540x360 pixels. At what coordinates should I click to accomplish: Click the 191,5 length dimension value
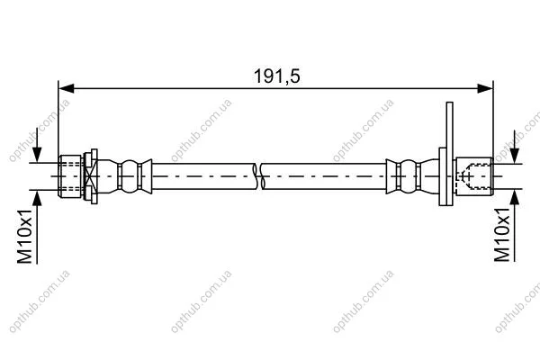(277, 76)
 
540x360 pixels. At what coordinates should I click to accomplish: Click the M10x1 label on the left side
(24, 237)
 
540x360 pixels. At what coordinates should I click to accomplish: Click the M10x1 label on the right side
(502, 235)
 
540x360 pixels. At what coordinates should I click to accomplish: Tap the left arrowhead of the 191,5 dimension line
(66, 88)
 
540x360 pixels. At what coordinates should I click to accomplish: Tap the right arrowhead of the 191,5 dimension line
(485, 88)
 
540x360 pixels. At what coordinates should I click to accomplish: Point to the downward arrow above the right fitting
(515, 147)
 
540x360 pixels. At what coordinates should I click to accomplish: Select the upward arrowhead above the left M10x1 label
(37, 198)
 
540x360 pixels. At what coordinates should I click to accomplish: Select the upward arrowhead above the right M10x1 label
(515, 197)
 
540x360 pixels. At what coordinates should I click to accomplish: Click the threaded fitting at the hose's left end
(70, 176)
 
